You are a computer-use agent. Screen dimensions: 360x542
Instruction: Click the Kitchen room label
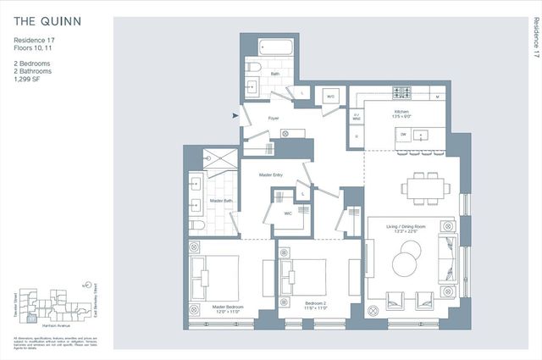click(402, 112)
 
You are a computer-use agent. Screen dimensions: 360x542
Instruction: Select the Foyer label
click(274, 118)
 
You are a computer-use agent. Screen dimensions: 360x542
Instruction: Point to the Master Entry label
click(271, 175)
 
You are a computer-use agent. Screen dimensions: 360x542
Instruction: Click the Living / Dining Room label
click(409, 224)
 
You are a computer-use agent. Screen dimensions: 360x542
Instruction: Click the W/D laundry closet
click(331, 96)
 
